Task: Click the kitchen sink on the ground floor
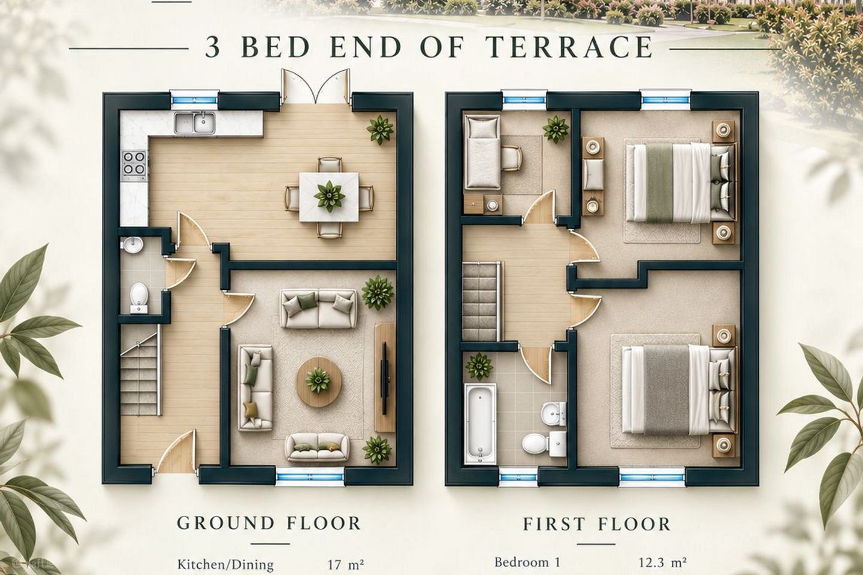tap(195, 123)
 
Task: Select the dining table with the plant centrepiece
tap(329, 197)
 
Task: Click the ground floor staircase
tap(140, 370)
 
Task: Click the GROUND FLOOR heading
tap(268, 523)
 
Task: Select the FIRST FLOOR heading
tap(596, 524)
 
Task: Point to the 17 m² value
tap(345, 565)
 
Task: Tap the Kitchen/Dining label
tap(225, 565)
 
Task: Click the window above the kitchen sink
tap(195, 101)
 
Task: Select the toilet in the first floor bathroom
tap(534, 443)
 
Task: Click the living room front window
tap(310, 477)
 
